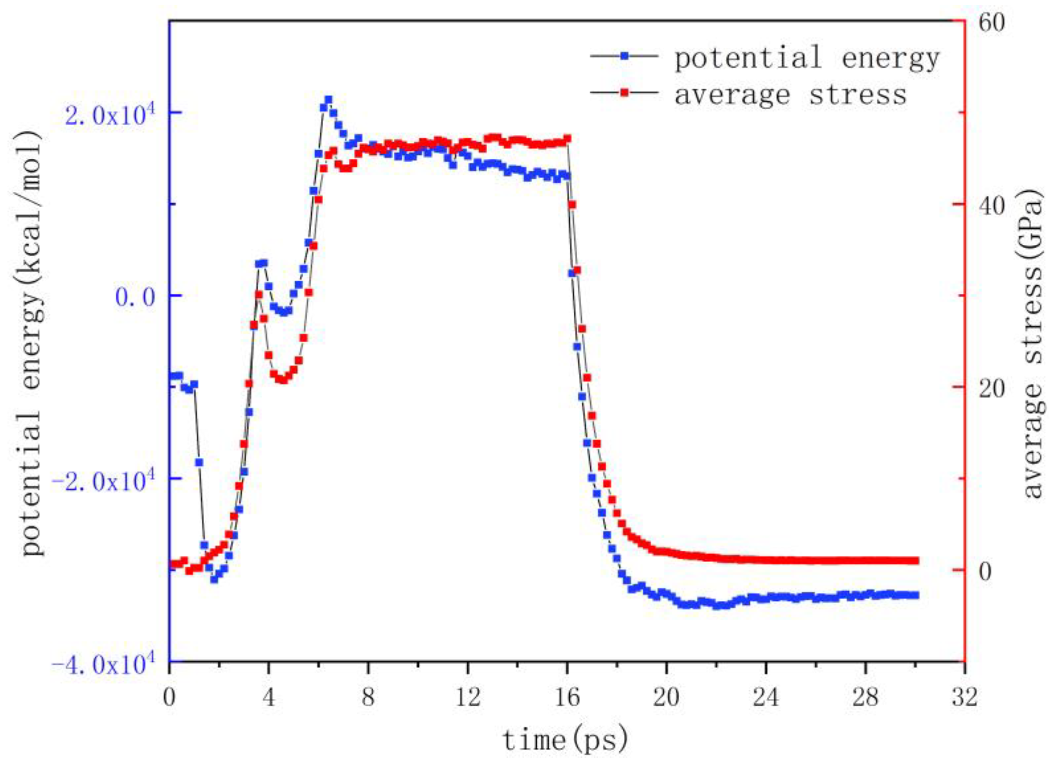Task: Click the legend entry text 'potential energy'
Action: pos(806,59)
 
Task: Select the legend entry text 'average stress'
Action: pos(791,94)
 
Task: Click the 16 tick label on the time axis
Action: pos(567,698)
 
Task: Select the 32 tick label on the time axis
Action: pos(964,698)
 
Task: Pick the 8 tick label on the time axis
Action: pos(368,698)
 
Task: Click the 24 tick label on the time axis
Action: pos(766,698)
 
